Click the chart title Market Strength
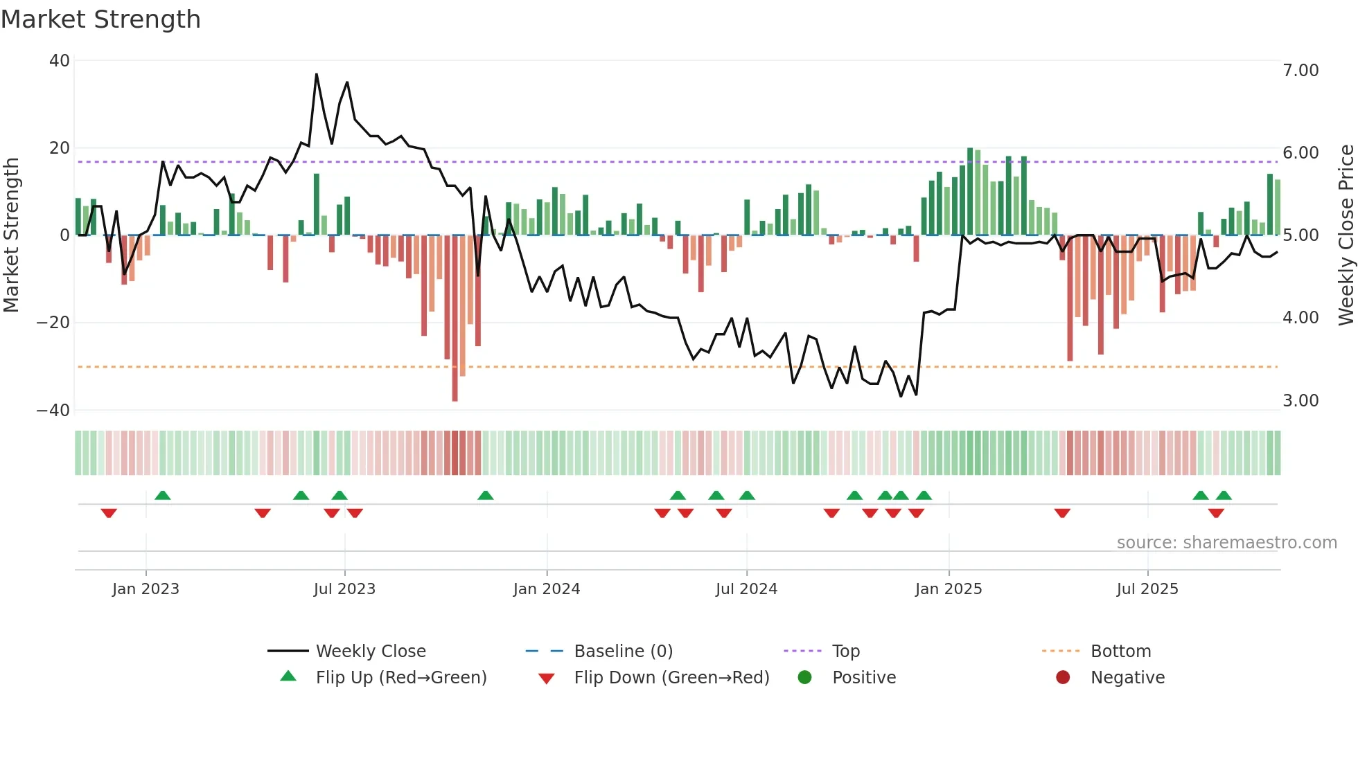point(100,19)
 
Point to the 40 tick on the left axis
point(60,61)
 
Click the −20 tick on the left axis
point(53,323)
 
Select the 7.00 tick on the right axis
point(1300,71)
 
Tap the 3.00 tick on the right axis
point(1300,401)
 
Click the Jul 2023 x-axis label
point(344,589)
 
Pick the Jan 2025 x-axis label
point(949,589)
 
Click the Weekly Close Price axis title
point(1346,235)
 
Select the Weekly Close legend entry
point(371,652)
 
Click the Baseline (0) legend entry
point(623,652)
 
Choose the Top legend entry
point(845,652)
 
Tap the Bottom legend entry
point(1120,652)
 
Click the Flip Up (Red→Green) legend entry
point(401,678)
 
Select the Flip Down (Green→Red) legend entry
point(671,678)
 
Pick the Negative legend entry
point(1127,678)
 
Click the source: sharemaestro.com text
point(1226,543)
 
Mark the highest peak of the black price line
point(317,74)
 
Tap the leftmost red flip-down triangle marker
point(109,513)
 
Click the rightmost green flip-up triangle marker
point(1224,495)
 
